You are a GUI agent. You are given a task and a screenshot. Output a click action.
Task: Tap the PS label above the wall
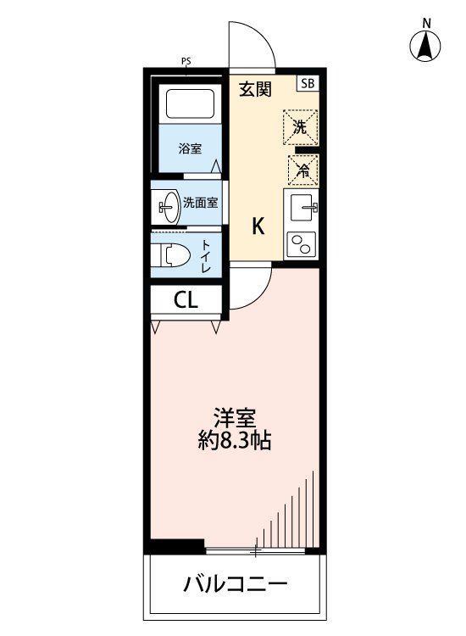tap(186, 61)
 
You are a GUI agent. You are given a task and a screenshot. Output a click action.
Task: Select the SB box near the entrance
tap(306, 83)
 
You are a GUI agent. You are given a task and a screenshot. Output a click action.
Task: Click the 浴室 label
tap(190, 149)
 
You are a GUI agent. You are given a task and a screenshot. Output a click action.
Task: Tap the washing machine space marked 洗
tap(301, 128)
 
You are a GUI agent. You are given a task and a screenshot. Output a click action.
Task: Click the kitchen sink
tap(302, 206)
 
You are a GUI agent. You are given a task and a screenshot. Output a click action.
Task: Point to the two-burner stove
tap(302, 245)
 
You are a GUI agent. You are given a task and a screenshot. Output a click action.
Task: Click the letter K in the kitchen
tap(258, 226)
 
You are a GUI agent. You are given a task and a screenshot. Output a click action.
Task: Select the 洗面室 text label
tap(201, 203)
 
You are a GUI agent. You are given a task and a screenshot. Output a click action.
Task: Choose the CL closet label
tap(186, 299)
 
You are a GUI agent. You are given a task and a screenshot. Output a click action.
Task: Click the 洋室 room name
tap(236, 418)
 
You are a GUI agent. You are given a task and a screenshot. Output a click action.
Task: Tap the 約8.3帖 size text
tap(236, 441)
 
